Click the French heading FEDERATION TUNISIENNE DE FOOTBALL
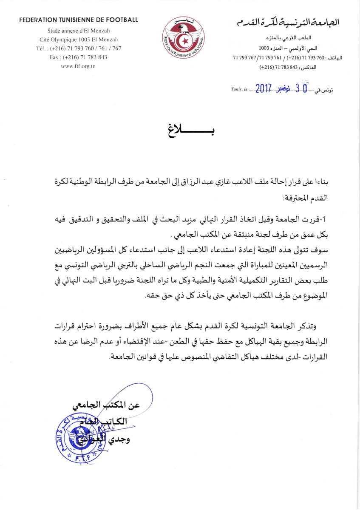click(x=79, y=20)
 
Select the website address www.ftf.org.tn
click(x=79, y=67)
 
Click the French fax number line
click(x=79, y=57)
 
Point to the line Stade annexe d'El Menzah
click(x=79, y=30)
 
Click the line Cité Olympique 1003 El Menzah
click(x=79, y=39)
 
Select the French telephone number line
click(x=79, y=48)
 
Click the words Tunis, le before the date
click(x=239, y=90)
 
